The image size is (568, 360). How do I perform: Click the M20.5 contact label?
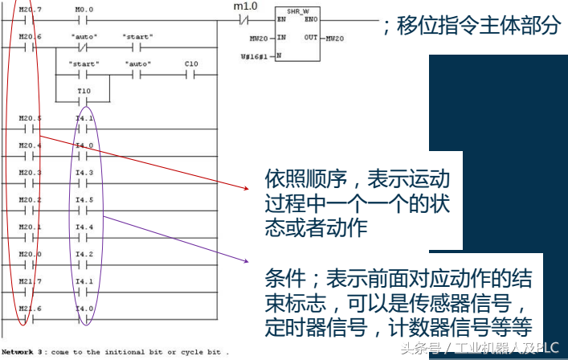[31, 118]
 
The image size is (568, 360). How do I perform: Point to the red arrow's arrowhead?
[248, 189]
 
